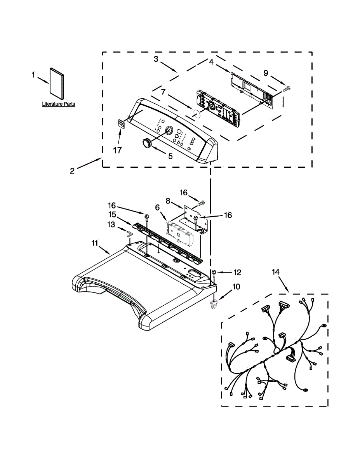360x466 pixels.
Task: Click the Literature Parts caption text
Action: tap(59, 104)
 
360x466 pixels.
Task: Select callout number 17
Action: tap(117, 150)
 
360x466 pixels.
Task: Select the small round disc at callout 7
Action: tap(197, 113)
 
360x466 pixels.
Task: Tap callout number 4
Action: tap(211, 62)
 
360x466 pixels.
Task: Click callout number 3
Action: tap(156, 59)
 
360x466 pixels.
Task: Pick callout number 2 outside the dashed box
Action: tap(72, 170)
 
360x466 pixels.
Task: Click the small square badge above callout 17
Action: tap(120, 124)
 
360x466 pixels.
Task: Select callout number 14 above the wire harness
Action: tap(275, 272)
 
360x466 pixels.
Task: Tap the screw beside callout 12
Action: tap(214, 273)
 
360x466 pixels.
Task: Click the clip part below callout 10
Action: tap(213, 305)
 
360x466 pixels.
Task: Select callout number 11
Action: tap(94, 243)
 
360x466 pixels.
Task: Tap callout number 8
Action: tap(168, 201)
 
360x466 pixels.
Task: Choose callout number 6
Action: tap(157, 208)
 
